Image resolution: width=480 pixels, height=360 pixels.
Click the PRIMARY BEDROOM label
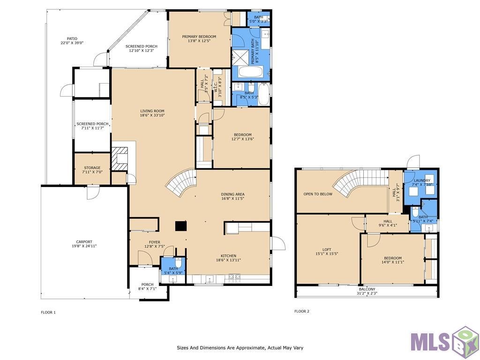[x=199, y=37]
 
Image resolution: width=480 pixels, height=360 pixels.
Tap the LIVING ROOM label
[x=152, y=111]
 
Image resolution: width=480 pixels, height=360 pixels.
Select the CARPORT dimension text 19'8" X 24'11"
[x=84, y=246]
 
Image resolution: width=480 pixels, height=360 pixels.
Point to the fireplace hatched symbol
[x=120, y=158]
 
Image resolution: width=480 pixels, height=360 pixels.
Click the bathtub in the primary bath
[x=250, y=72]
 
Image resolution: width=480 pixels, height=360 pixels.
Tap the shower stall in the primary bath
[x=241, y=56]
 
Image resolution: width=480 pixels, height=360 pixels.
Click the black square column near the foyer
[x=180, y=225]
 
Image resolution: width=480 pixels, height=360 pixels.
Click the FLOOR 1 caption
[x=48, y=312]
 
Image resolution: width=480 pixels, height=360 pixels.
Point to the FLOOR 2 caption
[x=302, y=311]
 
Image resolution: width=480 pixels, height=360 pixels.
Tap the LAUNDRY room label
[x=422, y=180]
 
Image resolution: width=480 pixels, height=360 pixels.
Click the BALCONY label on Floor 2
[x=367, y=289]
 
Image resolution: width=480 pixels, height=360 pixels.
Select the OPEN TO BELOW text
[x=318, y=194]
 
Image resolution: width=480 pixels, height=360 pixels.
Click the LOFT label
[x=327, y=249]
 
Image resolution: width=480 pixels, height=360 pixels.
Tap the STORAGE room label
[x=92, y=168]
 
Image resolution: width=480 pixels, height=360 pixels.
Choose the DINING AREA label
[x=232, y=194]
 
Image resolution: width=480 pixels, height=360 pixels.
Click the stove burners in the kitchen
[x=234, y=278]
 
